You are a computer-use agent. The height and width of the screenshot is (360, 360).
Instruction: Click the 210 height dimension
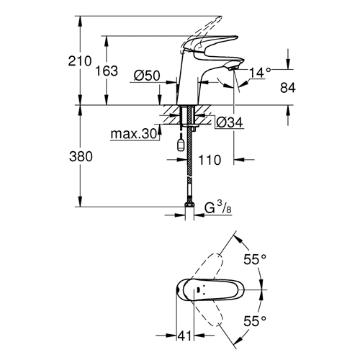point(80,61)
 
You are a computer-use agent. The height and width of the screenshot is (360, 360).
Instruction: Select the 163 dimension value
point(107,71)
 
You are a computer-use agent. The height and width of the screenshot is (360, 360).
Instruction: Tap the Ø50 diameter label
point(147,76)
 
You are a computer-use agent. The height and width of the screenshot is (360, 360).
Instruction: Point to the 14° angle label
point(260,72)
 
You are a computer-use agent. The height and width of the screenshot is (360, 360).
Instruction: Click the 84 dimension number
point(288,88)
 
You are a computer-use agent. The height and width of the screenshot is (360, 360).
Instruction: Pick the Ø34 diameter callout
point(230,122)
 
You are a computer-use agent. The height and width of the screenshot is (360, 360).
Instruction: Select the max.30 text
point(134,134)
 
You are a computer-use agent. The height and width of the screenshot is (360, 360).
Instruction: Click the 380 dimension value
point(81,157)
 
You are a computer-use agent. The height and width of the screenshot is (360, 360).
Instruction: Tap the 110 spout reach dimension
point(210,160)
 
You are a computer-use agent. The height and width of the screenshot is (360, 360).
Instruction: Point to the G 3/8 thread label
point(218,207)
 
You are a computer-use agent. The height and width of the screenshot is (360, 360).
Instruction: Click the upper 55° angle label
point(255,259)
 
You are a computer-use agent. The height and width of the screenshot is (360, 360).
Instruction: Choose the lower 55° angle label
point(255,321)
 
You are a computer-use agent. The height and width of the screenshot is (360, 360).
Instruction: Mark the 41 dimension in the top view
point(185,336)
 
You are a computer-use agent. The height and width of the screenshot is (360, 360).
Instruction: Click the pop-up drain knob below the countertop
point(181,145)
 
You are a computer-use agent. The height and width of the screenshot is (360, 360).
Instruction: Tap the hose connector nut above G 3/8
point(189,204)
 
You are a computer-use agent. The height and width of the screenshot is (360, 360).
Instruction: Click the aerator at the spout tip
point(233,68)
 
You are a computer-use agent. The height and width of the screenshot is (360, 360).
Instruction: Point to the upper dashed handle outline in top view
point(207,267)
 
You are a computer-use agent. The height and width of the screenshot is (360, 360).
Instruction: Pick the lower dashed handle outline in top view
point(207,312)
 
